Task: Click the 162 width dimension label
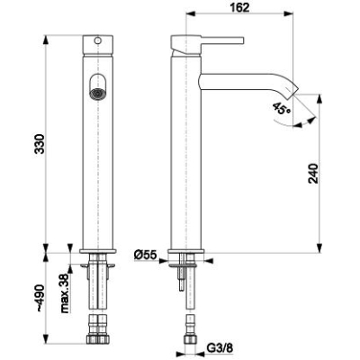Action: coord(240,7)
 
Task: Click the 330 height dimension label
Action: coord(39,144)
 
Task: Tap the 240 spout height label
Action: coord(313,174)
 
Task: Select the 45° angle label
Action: coord(282,108)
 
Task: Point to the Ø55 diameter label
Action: coord(146,256)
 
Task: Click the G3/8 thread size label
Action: coord(220,348)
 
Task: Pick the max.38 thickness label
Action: coord(66,293)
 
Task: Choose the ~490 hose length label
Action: coord(39,298)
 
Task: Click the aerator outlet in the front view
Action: coord(96,93)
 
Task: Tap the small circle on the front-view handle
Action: coord(97,40)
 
